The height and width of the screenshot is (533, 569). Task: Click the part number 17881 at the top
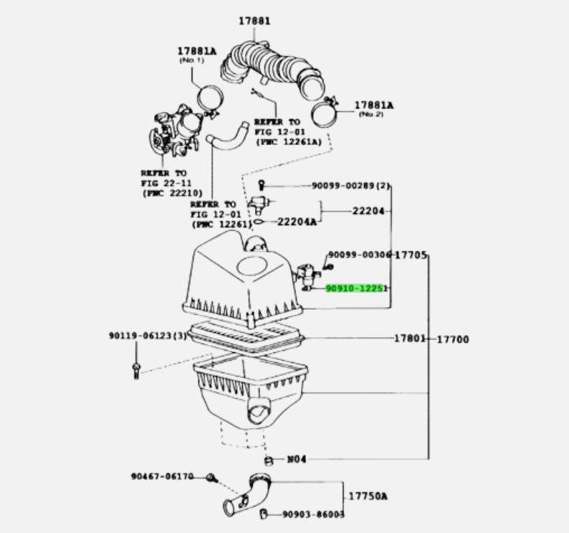coord(254,21)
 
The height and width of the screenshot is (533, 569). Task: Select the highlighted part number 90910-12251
coord(356,288)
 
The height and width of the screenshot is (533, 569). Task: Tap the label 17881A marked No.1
coord(197,51)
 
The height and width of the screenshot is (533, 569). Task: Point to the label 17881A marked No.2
coord(374,105)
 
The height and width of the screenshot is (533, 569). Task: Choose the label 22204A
coord(297,222)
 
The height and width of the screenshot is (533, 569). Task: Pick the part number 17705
coord(411,255)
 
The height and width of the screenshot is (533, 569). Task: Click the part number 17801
coord(409,338)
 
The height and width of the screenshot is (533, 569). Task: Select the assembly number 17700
coord(453,339)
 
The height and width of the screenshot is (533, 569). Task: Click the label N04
coord(296,459)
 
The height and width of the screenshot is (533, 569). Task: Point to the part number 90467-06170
coord(161,476)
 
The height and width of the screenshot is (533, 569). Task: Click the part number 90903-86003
coord(312,514)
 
